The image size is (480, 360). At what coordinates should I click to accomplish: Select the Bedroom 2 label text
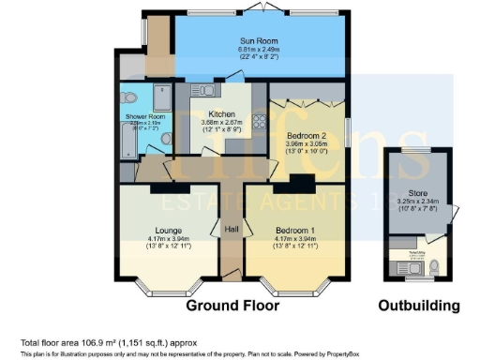tap(308, 136)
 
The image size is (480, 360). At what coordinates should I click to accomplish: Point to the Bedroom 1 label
tap(295, 230)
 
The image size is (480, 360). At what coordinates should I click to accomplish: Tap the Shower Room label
tap(140, 116)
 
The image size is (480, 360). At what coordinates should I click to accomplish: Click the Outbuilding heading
tap(418, 306)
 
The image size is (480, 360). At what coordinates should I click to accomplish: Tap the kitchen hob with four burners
tap(258, 123)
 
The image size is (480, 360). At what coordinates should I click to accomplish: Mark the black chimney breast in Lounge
tap(163, 188)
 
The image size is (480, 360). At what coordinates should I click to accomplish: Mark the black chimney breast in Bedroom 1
tap(302, 182)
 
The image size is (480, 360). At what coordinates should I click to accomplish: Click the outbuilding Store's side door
tap(455, 215)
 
